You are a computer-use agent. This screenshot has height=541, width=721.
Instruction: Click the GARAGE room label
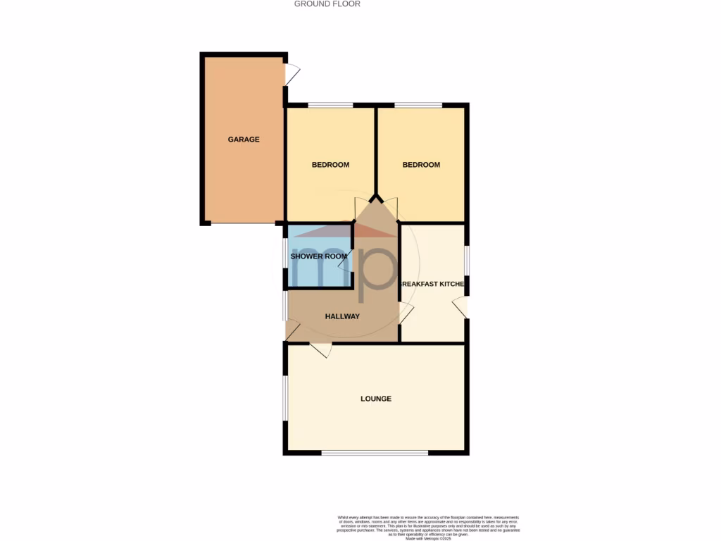click(x=244, y=139)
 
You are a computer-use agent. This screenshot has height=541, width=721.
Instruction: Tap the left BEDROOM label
click(x=330, y=165)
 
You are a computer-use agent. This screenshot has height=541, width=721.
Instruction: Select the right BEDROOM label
click(x=421, y=165)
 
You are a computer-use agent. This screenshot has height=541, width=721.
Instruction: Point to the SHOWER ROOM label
click(x=319, y=256)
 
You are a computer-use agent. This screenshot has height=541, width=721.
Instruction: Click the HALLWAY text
click(x=342, y=316)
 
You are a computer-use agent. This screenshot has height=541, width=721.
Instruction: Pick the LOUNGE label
click(x=376, y=399)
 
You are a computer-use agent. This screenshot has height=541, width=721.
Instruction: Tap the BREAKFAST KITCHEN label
click(x=432, y=284)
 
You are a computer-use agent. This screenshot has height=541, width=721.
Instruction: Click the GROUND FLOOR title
click(x=327, y=4)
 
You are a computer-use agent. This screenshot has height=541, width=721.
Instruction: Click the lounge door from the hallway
click(x=320, y=349)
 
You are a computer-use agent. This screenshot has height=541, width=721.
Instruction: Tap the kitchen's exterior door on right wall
click(x=459, y=307)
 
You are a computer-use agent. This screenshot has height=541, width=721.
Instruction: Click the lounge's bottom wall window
click(x=375, y=453)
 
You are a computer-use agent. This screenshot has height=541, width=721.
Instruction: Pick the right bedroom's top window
click(x=418, y=106)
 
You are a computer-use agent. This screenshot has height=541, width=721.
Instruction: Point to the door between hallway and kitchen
click(x=406, y=313)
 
